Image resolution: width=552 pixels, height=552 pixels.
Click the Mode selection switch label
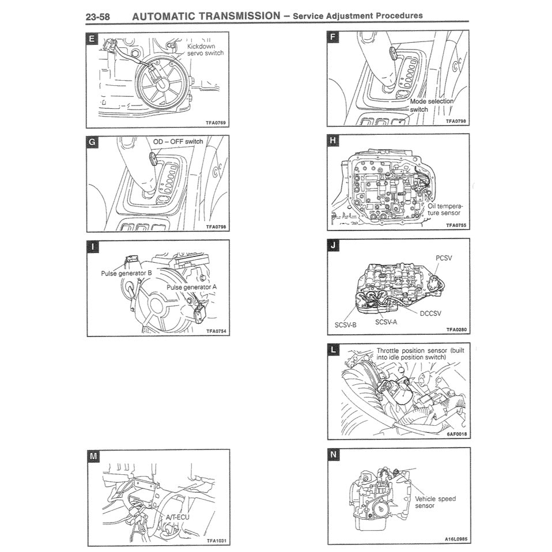(x=432, y=105)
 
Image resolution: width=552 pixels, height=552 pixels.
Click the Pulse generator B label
(x=126, y=273)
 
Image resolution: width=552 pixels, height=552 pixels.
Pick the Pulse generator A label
(x=192, y=286)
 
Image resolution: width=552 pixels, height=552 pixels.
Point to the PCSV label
(x=444, y=258)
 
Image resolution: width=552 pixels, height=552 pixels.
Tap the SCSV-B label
(x=346, y=325)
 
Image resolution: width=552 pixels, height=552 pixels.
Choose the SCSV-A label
(x=386, y=322)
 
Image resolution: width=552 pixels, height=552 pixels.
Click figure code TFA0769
(x=216, y=123)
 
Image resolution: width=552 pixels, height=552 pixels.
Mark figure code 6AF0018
(x=456, y=434)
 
